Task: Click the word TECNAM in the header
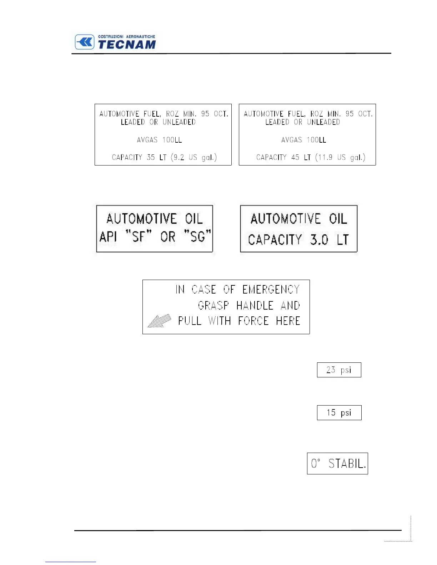coord(127,45)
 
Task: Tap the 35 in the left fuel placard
coord(151,157)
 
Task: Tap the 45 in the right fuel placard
coord(295,157)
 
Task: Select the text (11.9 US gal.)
coord(340,157)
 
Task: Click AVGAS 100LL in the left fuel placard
coord(159,140)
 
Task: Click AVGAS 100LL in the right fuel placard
coord(303,140)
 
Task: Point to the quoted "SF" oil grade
coord(139,236)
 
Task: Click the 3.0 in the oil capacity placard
coord(319,240)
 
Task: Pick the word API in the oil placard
coord(108,236)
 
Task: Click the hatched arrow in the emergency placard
coord(159,321)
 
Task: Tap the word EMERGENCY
coord(271,289)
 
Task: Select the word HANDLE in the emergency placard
coord(255,305)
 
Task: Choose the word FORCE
coord(253,321)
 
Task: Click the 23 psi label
coord(339,370)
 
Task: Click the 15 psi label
coord(339,413)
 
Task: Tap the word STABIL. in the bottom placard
coord(347,464)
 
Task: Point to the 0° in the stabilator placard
coord(315,464)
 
